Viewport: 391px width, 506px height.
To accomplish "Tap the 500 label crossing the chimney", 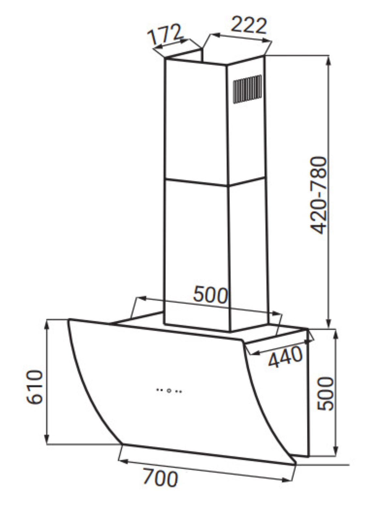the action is [210, 295].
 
